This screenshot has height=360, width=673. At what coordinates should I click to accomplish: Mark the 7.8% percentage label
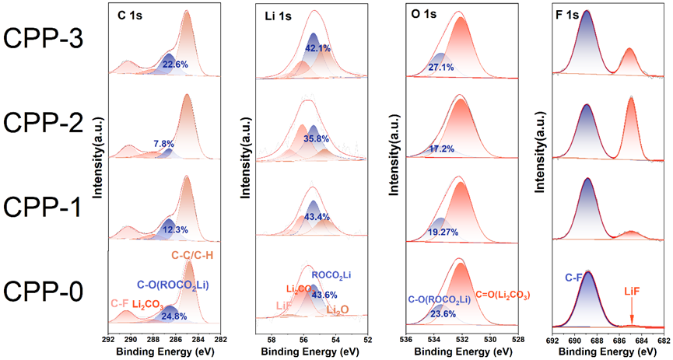pyautogui.click(x=164, y=144)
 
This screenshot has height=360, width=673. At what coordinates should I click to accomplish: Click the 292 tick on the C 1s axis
pyautogui.click(x=108, y=339)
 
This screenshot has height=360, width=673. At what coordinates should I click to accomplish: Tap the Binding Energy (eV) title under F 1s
pyautogui.click(x=609, y=351)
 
